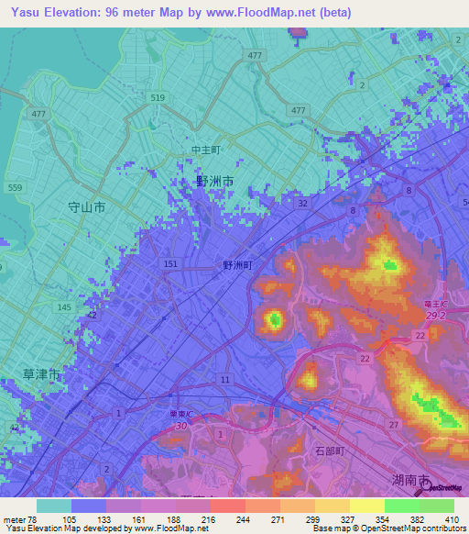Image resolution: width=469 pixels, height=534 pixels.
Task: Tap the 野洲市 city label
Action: (214, 182)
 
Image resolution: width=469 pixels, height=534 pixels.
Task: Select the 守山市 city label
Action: (87, 207)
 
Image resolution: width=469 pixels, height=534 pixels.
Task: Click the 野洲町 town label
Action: (237, 264)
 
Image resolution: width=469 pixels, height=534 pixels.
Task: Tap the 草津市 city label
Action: (41, 375)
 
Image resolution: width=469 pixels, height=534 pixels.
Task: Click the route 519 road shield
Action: (158, 96)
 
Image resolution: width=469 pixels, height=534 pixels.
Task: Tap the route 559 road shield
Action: (15, 187)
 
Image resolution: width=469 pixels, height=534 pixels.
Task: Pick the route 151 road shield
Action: (169, 264)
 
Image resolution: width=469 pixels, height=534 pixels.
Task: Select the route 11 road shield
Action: (224, 379)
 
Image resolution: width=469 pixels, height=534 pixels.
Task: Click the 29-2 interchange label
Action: (436, 315)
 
